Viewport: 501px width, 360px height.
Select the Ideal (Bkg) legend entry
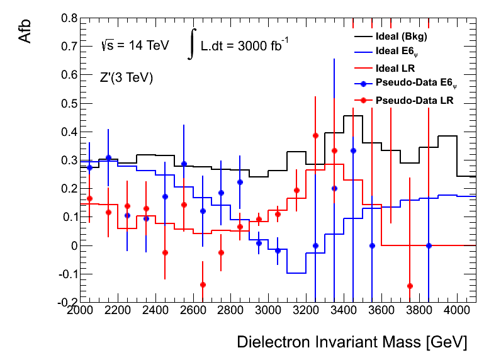[x=400, y=35]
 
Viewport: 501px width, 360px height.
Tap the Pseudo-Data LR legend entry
[x=414, y=100]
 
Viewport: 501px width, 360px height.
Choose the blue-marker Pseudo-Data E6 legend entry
[x=416, y=83]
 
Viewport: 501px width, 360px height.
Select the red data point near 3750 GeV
[x=410, y=286]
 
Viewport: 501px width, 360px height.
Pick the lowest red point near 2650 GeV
[x=203, y=284]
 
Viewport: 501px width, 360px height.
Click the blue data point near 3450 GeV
[x=353, y=150]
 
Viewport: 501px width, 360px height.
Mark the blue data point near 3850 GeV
[x=429, y=245]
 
